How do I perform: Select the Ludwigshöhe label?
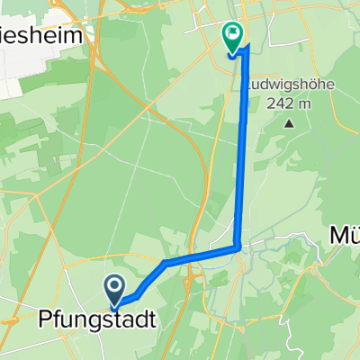click(287, 87)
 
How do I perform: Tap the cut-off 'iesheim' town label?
click(45, 36)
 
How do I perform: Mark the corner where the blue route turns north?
click(237, 246)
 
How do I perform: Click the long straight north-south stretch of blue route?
click(242, 153)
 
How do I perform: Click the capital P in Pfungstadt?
click(45, 319)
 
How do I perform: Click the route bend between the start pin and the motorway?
click(166, 263)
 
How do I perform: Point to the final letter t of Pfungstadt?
click(139, 319)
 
